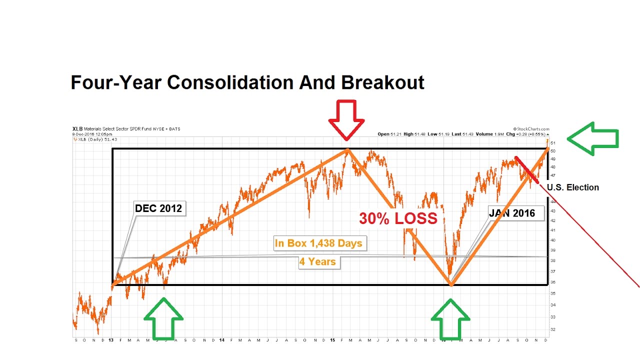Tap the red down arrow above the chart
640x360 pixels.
click(x=346, y=119)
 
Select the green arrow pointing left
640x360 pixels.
click(x=592, y=138)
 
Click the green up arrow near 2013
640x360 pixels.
click(x=163, y=318)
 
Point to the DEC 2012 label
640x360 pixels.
click(x=159, y=208)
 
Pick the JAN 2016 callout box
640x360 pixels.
click(x=512, y=213)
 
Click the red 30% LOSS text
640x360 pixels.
click(x=398, y=218)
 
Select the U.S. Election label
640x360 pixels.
click(x=572, y=187)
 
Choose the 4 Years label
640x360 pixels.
click(x=318, y=261)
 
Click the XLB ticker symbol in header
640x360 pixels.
click(x=77, y=129)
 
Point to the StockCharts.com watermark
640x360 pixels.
click(x=531, y=129)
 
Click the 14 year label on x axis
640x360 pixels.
click(x=221, y=340)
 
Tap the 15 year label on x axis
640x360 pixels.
click(x=332, y=340)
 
